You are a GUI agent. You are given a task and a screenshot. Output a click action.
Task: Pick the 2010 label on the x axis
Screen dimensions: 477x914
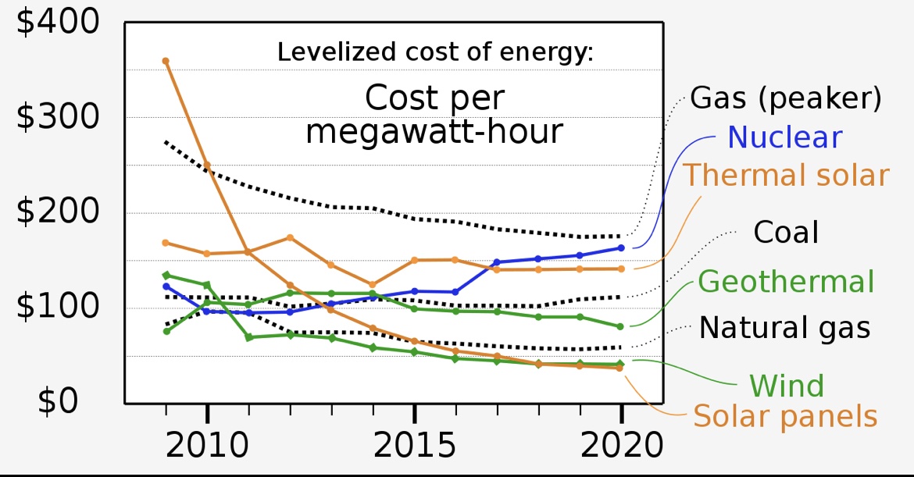pos(208,447)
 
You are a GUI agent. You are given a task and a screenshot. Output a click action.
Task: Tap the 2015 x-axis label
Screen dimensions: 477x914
pos(415,447)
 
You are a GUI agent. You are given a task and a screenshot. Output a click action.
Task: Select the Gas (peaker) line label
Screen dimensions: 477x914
pos(786,99)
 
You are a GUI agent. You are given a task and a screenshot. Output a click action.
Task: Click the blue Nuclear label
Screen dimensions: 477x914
pos(784,137)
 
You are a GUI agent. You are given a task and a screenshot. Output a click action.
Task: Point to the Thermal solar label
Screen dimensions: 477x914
pos(787,175)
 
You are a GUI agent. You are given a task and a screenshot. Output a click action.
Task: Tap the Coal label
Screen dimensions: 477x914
pos(785,232)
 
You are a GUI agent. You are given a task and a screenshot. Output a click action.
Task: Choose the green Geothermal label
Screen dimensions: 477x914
pos(786,281)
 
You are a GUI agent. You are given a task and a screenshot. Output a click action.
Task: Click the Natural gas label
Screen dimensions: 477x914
pos(784,327)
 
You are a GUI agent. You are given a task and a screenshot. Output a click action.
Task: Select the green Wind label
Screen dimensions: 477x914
pos(787,386)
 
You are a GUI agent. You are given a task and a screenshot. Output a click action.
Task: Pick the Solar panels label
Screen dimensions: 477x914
pos(786,416)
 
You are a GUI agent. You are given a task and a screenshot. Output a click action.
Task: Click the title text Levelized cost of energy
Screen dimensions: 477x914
pos(436,53)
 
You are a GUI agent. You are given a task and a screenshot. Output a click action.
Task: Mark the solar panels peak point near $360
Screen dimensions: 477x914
pos(166,61)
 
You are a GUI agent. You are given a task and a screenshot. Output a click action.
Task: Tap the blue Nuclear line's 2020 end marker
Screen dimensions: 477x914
pos(621,248)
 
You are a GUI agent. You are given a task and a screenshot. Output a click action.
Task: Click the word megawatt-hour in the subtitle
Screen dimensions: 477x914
pos(434,132)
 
